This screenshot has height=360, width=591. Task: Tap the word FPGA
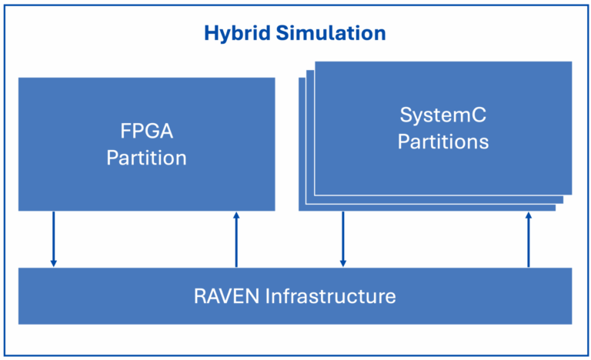click(x=146, y=132)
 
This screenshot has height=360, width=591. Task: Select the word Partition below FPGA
click(x=146, y=158)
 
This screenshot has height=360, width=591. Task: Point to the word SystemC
click(x=443, y=115)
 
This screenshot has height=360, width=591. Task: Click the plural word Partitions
click(x=443, y=142)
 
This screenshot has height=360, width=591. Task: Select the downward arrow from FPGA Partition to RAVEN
click(x=54, y=238)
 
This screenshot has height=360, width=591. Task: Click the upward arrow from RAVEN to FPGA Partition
click(x=236, y=240)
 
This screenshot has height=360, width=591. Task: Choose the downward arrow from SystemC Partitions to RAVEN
click(x=343, y=238)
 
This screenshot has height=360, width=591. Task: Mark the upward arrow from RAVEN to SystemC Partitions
click(x=529, y=240)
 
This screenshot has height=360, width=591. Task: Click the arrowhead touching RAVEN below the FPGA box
click(x=54, y=263)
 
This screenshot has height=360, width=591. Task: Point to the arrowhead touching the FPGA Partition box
click(x=236, y=215)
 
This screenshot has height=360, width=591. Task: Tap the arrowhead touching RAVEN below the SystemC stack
click(x=343, y=263)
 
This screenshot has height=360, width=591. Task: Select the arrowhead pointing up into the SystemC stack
click(x=529, y=217)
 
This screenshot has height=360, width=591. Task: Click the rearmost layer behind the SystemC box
click(x=302, y=154)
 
